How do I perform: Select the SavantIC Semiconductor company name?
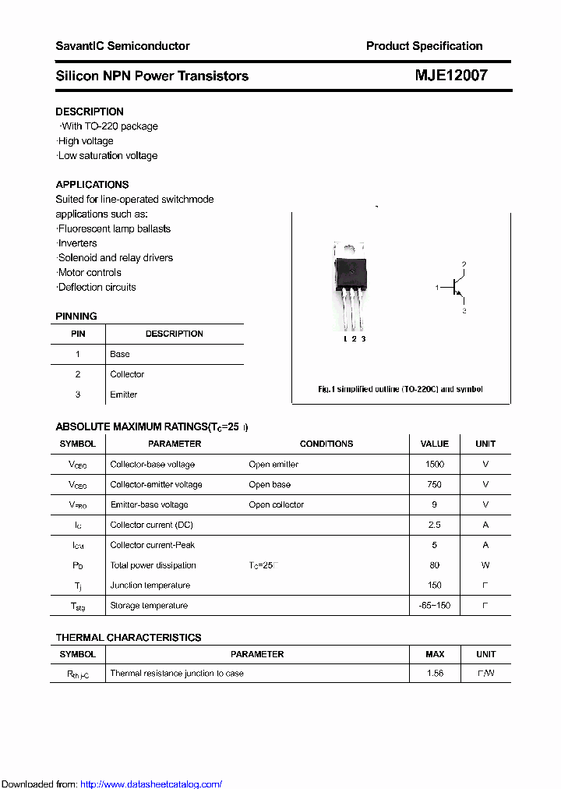click(122, 46)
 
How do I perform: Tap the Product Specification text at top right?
click(424, 46)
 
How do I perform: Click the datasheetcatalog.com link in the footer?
click(151, 784)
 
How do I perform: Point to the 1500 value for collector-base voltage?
click(434, 464)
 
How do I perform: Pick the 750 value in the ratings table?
click(434, 484)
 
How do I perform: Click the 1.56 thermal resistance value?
click(435, 673)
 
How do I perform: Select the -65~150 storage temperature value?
click(434, 605)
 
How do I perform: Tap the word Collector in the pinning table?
click(127, 374)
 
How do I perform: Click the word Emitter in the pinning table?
click(124, 394)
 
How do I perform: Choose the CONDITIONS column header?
click(326, 444)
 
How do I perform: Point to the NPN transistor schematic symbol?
click(455, 288)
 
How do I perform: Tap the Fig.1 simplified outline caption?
click(400, 389)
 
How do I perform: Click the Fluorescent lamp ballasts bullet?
click(114, 228)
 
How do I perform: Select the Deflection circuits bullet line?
click(97, 287)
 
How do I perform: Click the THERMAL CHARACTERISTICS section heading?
click(129, 637)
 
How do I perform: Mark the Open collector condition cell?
click(277, 504)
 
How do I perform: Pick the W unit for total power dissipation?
click(485, 565)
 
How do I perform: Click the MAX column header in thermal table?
click(435, 654)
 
